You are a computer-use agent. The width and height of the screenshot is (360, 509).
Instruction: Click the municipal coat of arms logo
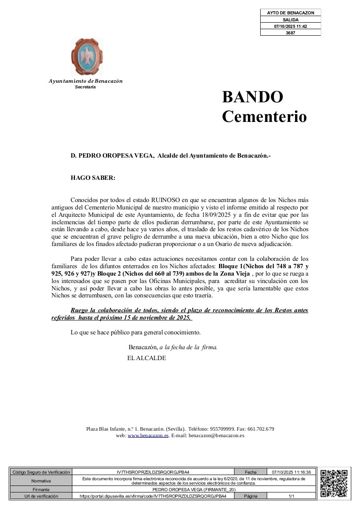(87, 56)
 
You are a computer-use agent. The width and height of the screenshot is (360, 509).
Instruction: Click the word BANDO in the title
(252, 97)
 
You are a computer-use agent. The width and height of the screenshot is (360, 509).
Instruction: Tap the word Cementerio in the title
(264, 117)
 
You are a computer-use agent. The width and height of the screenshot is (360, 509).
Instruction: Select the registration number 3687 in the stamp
(290, 33)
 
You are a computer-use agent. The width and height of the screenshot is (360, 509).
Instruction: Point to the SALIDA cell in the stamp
(290, 20)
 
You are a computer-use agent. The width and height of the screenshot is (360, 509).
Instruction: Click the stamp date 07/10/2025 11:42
(290, 26)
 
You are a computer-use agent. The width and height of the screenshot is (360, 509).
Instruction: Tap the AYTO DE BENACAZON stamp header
(290, 13)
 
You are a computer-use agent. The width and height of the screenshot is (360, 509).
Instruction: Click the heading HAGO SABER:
(93, 178)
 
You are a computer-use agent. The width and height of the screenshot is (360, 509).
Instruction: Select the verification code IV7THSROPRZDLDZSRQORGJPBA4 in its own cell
(153, 472)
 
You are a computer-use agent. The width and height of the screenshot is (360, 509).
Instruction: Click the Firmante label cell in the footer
(41, 489)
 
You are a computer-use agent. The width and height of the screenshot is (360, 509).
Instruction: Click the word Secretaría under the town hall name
(85, 87)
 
